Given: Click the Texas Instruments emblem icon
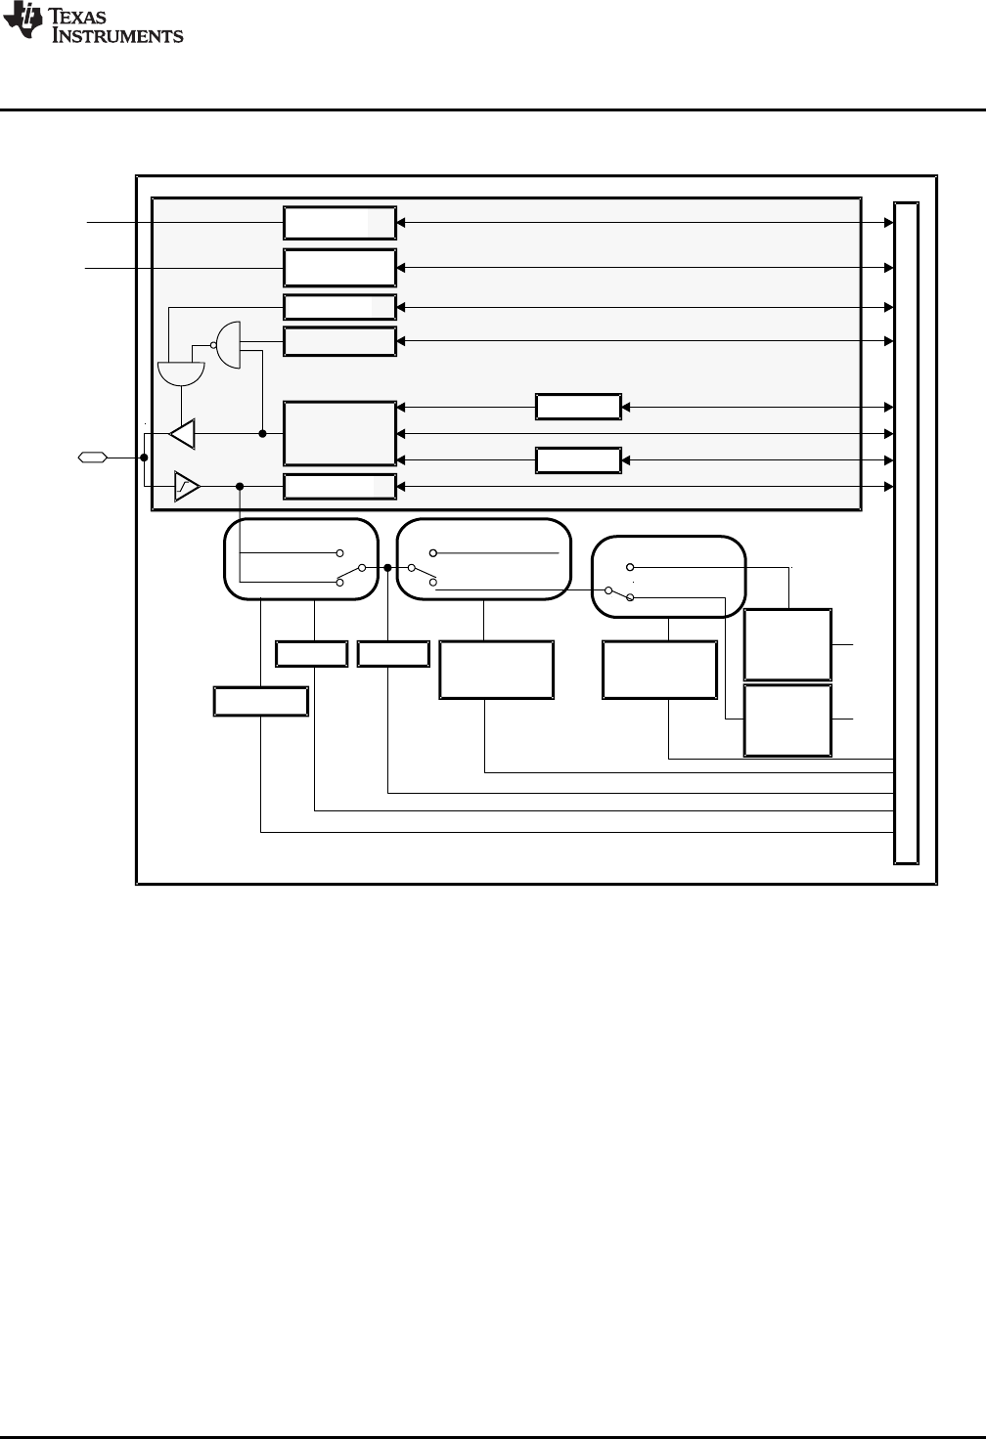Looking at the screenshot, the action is pyautogui.click(x=22, y=20).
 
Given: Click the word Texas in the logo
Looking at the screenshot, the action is pyautogui.click(x=77, y=16).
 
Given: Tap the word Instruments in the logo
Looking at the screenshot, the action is pyautogui.click(x=117, y=35).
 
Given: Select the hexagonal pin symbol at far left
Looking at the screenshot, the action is pyautogui.click(x=93, y=458).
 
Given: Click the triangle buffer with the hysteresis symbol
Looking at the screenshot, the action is pyautogui.click(x=187, y=486).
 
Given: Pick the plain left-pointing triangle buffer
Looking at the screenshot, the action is pyautogui.click(x=183, y=434).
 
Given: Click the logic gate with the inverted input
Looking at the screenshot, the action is pyautogui.click(x=228, y=345).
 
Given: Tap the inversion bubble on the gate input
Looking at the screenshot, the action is pyautogui.click(x=213, y=345).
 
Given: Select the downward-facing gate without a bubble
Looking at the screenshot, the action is pyautogui.click(x=181, y=373).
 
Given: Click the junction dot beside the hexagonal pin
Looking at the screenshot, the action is pyautogui.click(x=144, y=458).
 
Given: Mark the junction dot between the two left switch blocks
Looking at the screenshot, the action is pyautogui.click(x=387, y=568).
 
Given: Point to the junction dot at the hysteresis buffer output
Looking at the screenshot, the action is pyautogui.click(x=240, y=486).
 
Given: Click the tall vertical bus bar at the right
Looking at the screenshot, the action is pyautogui.click(x=907, y=533).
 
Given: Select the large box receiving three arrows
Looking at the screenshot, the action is pyautogui.click(x=340, y=434).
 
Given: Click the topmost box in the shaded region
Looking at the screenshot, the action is pyautogui.click(x=340, y=223).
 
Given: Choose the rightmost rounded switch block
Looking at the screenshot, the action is pyautogui.click(x=668, y=576).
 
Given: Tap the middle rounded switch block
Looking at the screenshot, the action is pyautogui.click(x=484, y=559).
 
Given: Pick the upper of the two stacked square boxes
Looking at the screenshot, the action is pyautogui.click(x=788, y=644).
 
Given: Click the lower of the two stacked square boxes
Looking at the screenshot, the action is pyautogui.click(x=788, y=720).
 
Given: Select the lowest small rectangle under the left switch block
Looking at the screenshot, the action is pyautogui.click(x=261, y=701).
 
